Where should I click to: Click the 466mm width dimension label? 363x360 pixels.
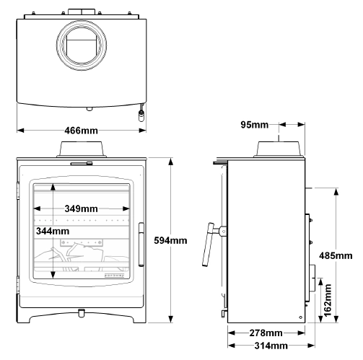tap(81, 131)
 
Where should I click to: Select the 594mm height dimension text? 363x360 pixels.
tap(170, 240)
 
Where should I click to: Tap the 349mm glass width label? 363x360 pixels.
tap(81, 208)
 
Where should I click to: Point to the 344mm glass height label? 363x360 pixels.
tap(53, 231)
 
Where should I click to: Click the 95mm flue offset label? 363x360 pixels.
tap(255, 125)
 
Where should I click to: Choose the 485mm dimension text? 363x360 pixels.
tap(336, 255)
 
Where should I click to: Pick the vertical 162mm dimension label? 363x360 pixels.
tap(328, 300)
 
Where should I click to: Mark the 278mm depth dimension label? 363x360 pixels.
tap(266, 333)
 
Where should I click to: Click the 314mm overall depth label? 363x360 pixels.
tap(271, 346)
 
